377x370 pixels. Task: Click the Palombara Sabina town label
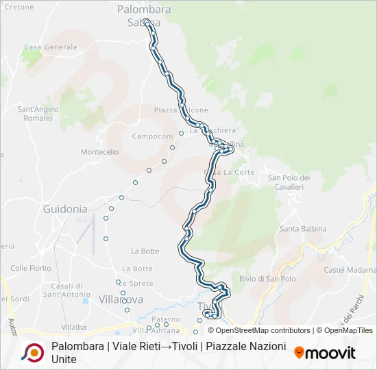pos(143,16)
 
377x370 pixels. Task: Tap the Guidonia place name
pos(65,208)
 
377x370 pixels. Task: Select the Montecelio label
pos(99,151)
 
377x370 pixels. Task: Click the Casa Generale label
pos(51,47)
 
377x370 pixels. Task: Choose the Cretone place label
pos(19,7)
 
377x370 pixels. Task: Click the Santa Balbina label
pos(303,228)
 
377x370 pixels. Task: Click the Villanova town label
pos(121,299)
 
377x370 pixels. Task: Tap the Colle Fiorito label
pos(32,268)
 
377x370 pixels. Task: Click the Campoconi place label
pos(152,136)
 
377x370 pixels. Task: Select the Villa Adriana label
pos(151,330)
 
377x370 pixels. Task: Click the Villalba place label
pos(73,328)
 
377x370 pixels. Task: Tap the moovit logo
pos(325,353)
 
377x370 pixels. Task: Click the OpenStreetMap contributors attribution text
pos(258,330)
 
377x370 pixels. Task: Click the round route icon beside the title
pos(32,352)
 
